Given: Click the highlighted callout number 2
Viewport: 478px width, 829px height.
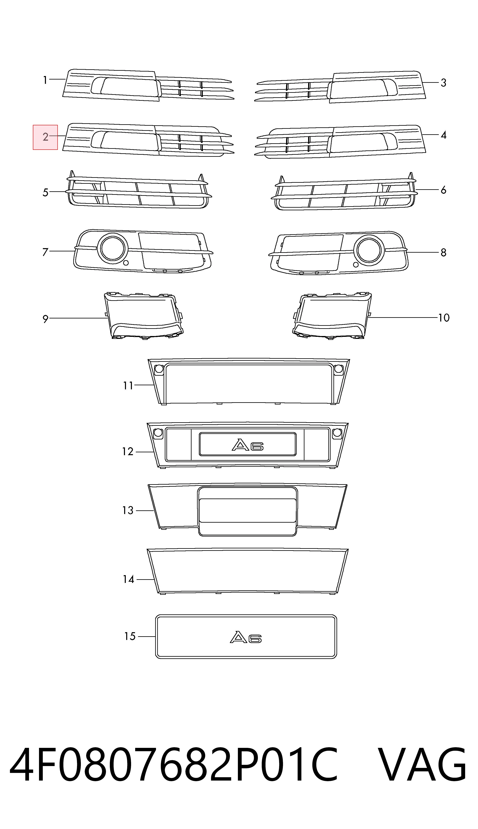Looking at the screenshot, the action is [x=45, y=137].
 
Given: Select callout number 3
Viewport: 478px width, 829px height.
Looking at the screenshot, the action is [x=443, y=83].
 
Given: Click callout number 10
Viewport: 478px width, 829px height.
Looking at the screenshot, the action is [x=444, y=318].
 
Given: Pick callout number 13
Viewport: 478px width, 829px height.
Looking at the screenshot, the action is [x=128, y=510].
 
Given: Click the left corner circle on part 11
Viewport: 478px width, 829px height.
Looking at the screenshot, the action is [x=159, y=369].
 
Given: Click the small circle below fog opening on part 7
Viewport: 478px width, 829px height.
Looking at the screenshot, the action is [x=126, y=263].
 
